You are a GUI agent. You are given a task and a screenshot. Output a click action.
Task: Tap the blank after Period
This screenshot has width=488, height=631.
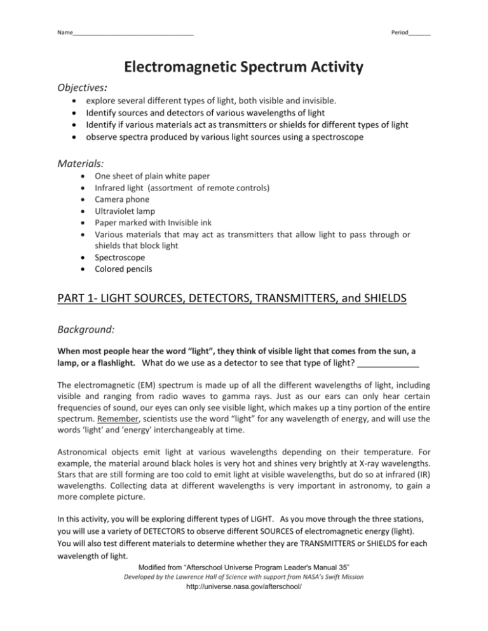pos(420,32)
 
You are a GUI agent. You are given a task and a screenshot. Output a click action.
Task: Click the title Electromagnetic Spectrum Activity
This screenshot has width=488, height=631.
pos(244,67)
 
